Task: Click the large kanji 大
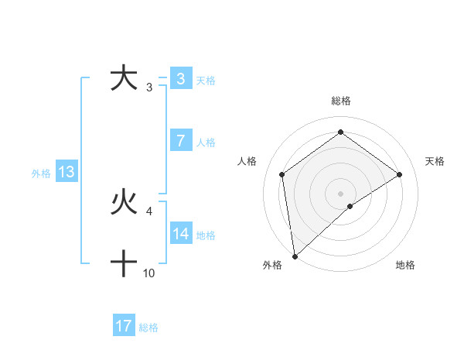click(124, 79)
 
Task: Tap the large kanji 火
click(124, 204)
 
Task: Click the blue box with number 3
click(180, 79)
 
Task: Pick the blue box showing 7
click(180, 141)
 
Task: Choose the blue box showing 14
click(180, 234)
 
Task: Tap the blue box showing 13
click(67, 173)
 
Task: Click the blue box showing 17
click(124, 327)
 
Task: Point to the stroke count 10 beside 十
click(149, 273)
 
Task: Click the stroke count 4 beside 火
click(149, 211)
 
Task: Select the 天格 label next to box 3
click(206, 80)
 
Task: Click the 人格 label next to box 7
click(206, 143)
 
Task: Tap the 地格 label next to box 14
click(206, 235)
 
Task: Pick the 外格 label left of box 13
click(41, 173)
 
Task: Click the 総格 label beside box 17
click(148, 328)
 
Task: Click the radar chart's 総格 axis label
click(340, 101)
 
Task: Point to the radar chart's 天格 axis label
click(435, 161)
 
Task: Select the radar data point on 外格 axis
click(294, 256)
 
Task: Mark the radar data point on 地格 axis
click(350, 206)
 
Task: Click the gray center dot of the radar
click(340, 193)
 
